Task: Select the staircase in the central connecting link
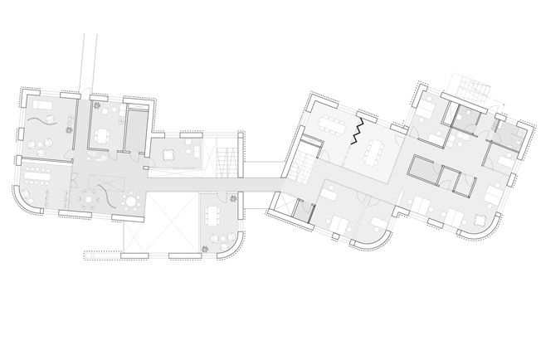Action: pos(226,159)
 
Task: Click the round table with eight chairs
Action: pos(85,200)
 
